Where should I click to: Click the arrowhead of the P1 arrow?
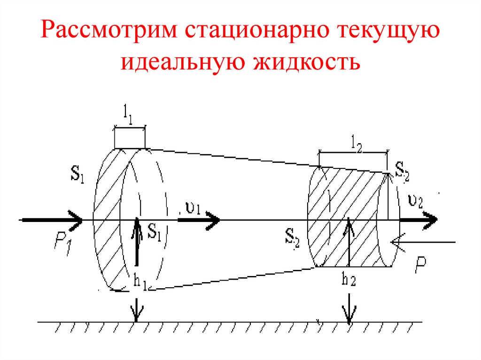tap(76, 219)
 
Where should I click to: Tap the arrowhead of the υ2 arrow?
tap(430, 219)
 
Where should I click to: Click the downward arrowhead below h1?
tap(136, 314)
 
